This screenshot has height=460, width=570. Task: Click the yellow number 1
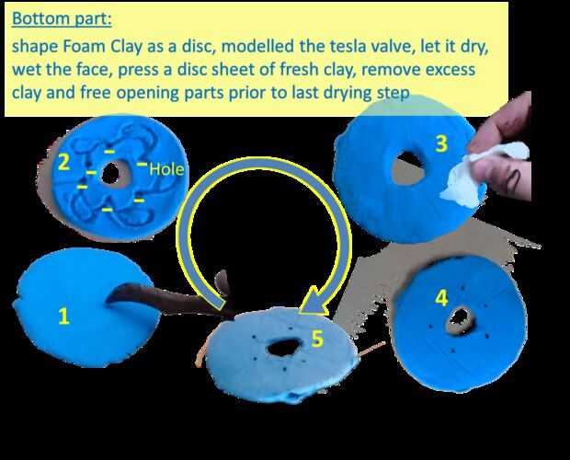coord(64,316)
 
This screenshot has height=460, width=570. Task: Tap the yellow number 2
coord(63,162)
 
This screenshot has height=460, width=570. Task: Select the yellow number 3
coord(441,144)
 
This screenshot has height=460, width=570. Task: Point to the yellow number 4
coord(441,298)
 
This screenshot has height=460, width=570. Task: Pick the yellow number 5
coord(317,339)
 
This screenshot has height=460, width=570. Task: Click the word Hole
coord(166,169)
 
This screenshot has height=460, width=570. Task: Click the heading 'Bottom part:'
coord(62,18)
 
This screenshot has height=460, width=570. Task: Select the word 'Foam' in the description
coord(85,47)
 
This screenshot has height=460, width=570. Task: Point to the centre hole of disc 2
coord(110,173)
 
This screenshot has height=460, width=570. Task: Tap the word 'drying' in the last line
coord(349,93)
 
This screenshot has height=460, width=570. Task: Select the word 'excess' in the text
coord(450,70)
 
